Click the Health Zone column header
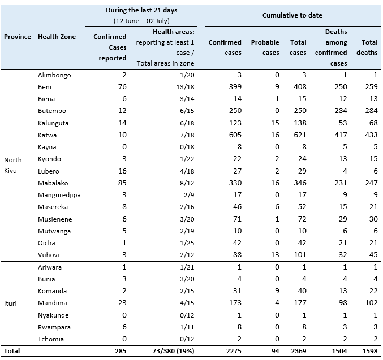(57, 37)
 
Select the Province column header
(18, 37)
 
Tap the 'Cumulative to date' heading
(292, 15)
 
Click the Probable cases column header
(265, 47)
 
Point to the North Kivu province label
(12, 165)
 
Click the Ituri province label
(10, 303)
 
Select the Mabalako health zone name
(53, 183)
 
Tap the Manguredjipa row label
(59, 195)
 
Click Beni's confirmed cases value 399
(235, 87)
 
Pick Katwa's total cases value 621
(300, 135)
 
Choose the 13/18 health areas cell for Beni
(185, 87)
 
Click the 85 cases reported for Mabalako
(122, 183)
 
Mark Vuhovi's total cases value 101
(300, 255)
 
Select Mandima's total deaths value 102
(371, 303)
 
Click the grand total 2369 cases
(299, 351)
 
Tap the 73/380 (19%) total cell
(174, 351)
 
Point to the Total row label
(12, 351)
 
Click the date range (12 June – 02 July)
(141, 21)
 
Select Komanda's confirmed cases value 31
(237, 291)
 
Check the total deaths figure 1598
(370, 351)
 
